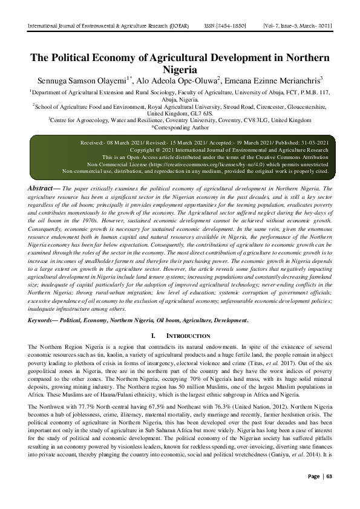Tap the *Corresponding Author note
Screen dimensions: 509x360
click(180, 128)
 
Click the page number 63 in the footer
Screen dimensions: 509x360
click(329, 493)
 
